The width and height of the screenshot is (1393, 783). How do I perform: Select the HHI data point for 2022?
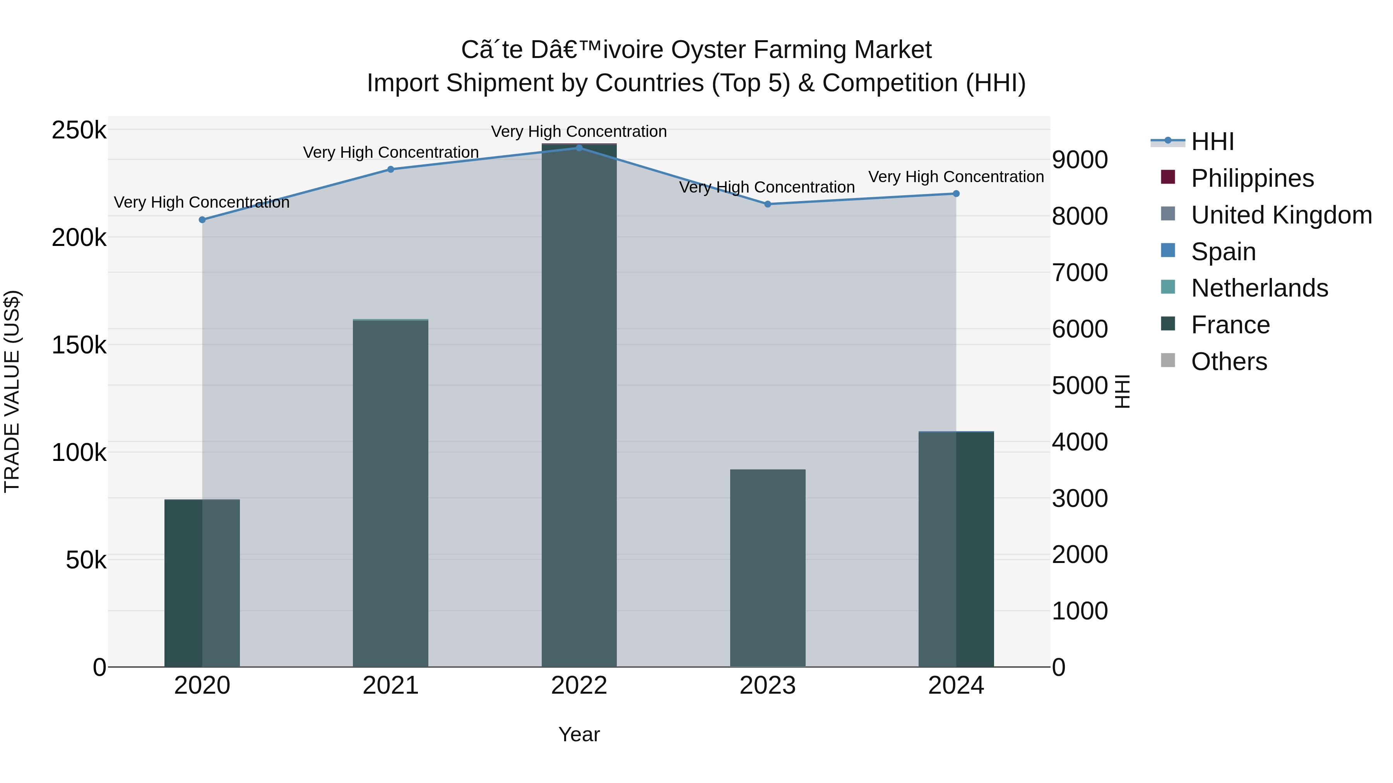(579, 148)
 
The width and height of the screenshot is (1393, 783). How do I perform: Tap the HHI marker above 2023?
(767, 204)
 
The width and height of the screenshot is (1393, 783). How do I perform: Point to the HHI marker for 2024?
(956, 193)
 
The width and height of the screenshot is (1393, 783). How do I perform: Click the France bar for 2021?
(390, 493)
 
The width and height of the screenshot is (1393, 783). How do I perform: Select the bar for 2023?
(767, 568)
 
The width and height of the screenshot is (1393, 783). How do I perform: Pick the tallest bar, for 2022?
(579, 405)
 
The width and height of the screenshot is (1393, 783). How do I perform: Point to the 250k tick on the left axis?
(79, 130)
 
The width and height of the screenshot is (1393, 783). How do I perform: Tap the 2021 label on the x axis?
(390, 686)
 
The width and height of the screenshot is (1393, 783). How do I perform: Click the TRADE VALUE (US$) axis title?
(12, 391)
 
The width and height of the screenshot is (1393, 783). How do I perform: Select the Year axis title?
(579, 734)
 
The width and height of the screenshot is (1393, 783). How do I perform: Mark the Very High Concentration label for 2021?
(390, 152)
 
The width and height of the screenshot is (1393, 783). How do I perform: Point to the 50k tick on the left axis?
(86, 560)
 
